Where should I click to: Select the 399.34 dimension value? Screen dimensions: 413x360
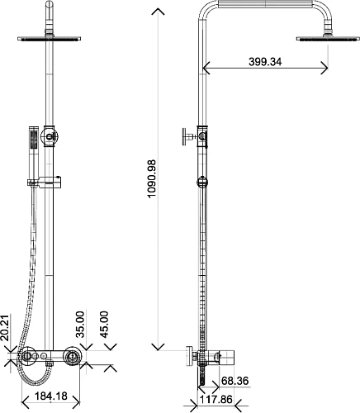click(266, 62)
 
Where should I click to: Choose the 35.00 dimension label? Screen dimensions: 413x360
click(80, 321)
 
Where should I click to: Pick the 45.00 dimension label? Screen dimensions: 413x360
click(103, 321)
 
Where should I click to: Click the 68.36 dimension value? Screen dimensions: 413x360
click(236, 382)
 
